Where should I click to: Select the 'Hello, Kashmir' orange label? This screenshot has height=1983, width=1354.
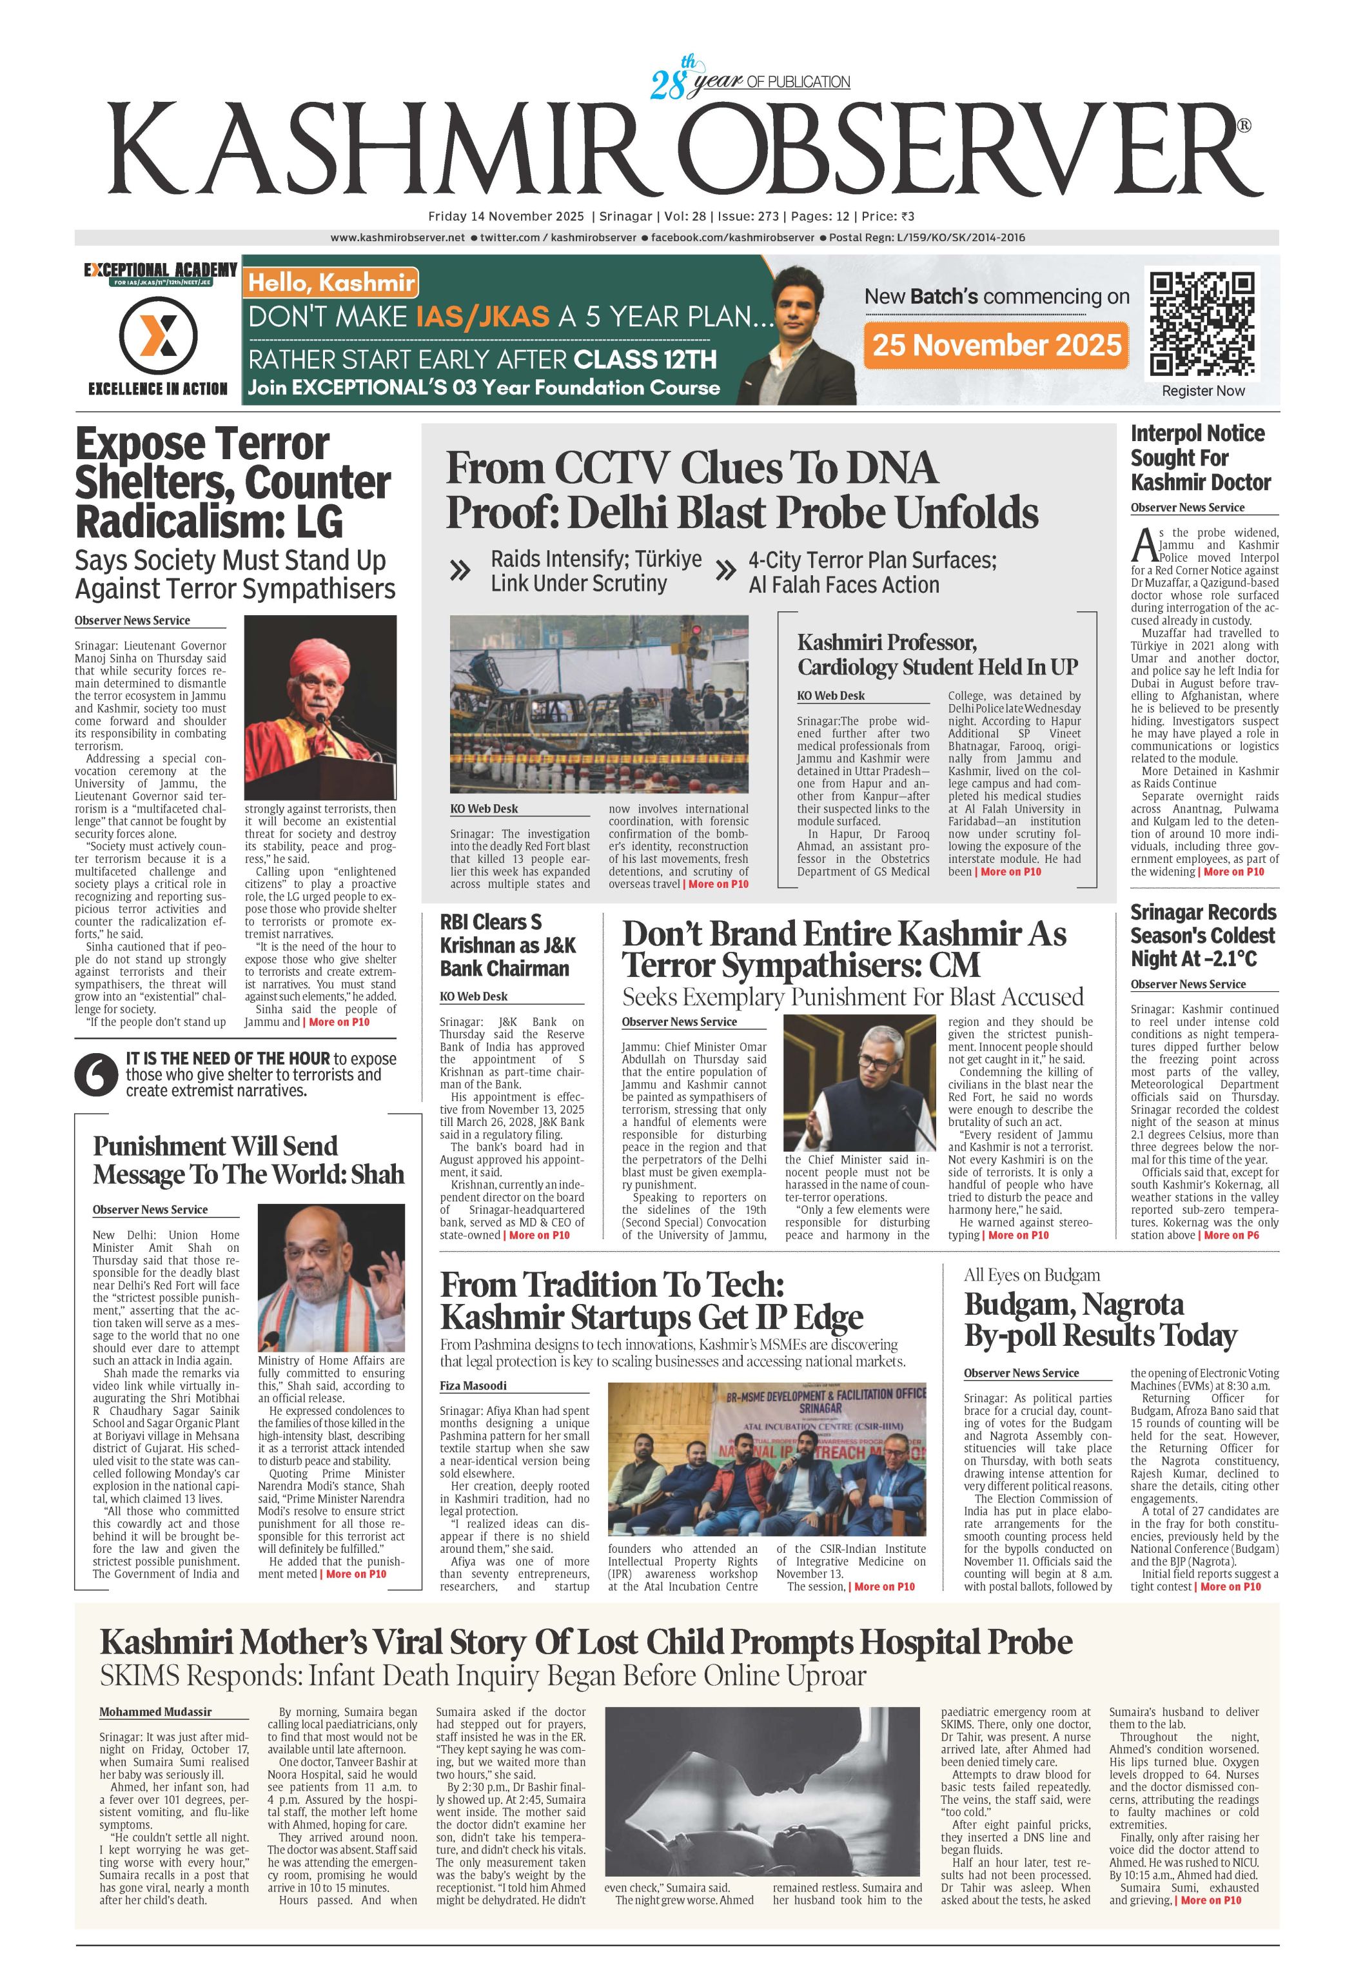point(331,282)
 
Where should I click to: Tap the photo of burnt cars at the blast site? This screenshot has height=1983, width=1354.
point(599,704)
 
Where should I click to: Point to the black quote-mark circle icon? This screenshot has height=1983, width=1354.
point(95,1075)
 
